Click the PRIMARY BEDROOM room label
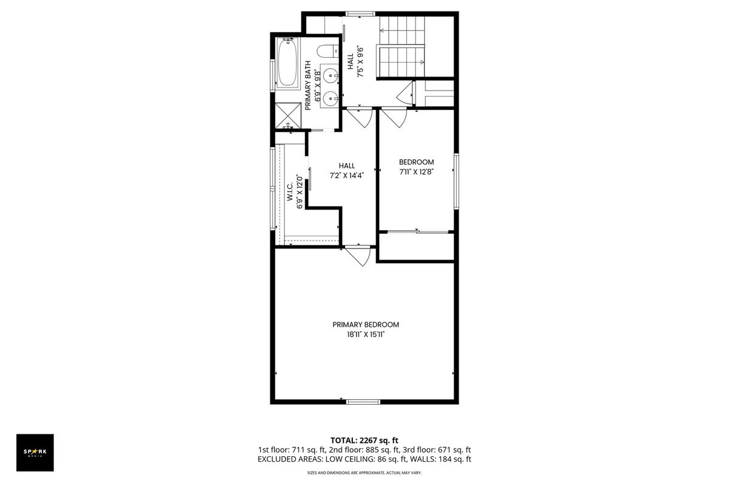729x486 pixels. tap(366, 324)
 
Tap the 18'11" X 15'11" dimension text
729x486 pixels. tap(366, 335)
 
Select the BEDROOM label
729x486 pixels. tap(416, 162)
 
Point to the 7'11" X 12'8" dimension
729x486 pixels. tap(417, 171)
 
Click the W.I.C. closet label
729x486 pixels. tap(290, 191)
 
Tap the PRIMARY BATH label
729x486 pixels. tap(308, 85)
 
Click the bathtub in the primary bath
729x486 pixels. tap(287, 63)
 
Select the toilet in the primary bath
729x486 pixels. tap(327, 51)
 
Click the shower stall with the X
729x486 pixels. tap(288, 115)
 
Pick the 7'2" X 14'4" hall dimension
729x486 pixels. tap(347, 176)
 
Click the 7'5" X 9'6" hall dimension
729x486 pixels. tap(360, 62)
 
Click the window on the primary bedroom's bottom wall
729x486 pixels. tap(363, 402)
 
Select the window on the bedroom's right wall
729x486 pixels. tap(456, 181)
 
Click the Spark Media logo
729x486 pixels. tap(35, 453)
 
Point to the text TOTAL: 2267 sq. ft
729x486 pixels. tap(364, 440)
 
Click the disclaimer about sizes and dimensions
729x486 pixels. tap(364, 473)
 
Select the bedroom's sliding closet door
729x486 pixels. tap(418, 232)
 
